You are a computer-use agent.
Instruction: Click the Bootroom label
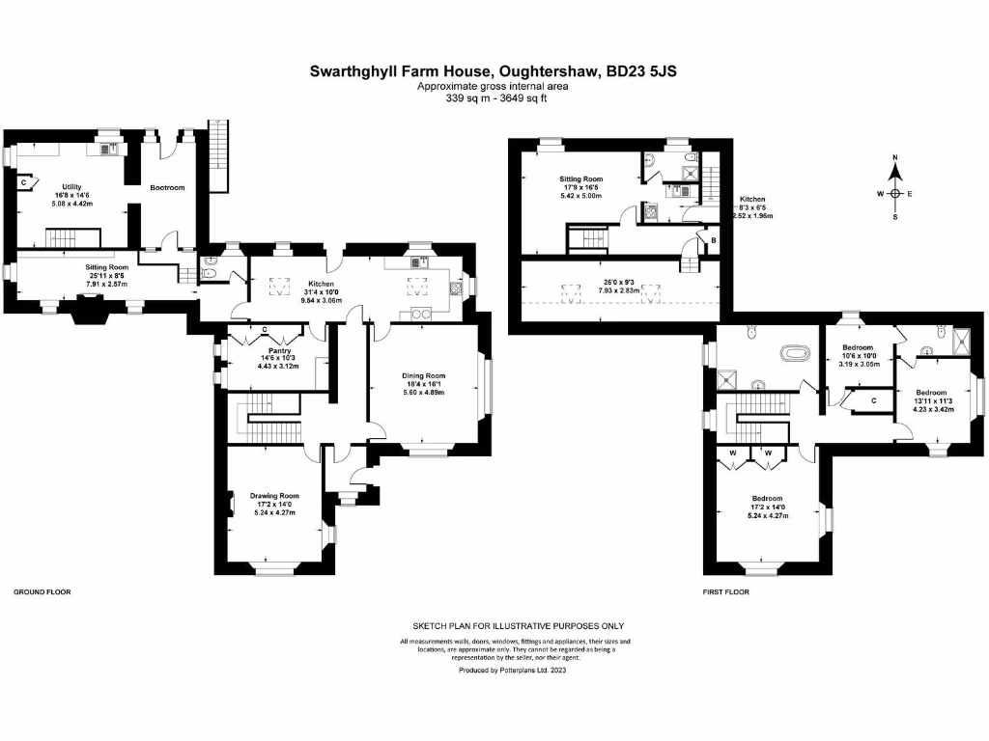tap(167, 187)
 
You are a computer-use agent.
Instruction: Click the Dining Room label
tap(423, 376)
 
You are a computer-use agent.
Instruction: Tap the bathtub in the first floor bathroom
tap(796, 353)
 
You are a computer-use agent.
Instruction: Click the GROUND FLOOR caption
tap(42, 591)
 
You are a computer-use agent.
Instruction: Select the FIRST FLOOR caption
tap(725, 591)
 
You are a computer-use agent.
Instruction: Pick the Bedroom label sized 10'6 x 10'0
tap(857, 347)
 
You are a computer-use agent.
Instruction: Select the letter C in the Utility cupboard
tap(22, 180)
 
